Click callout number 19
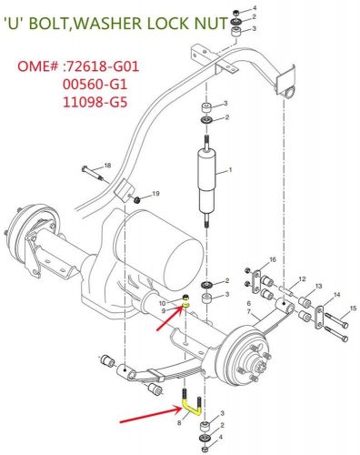tap(155, 194)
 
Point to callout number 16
tap(271, 260)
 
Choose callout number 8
tap(180, 422)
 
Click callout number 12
tap(302, 278)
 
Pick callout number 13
tap(318, 287)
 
